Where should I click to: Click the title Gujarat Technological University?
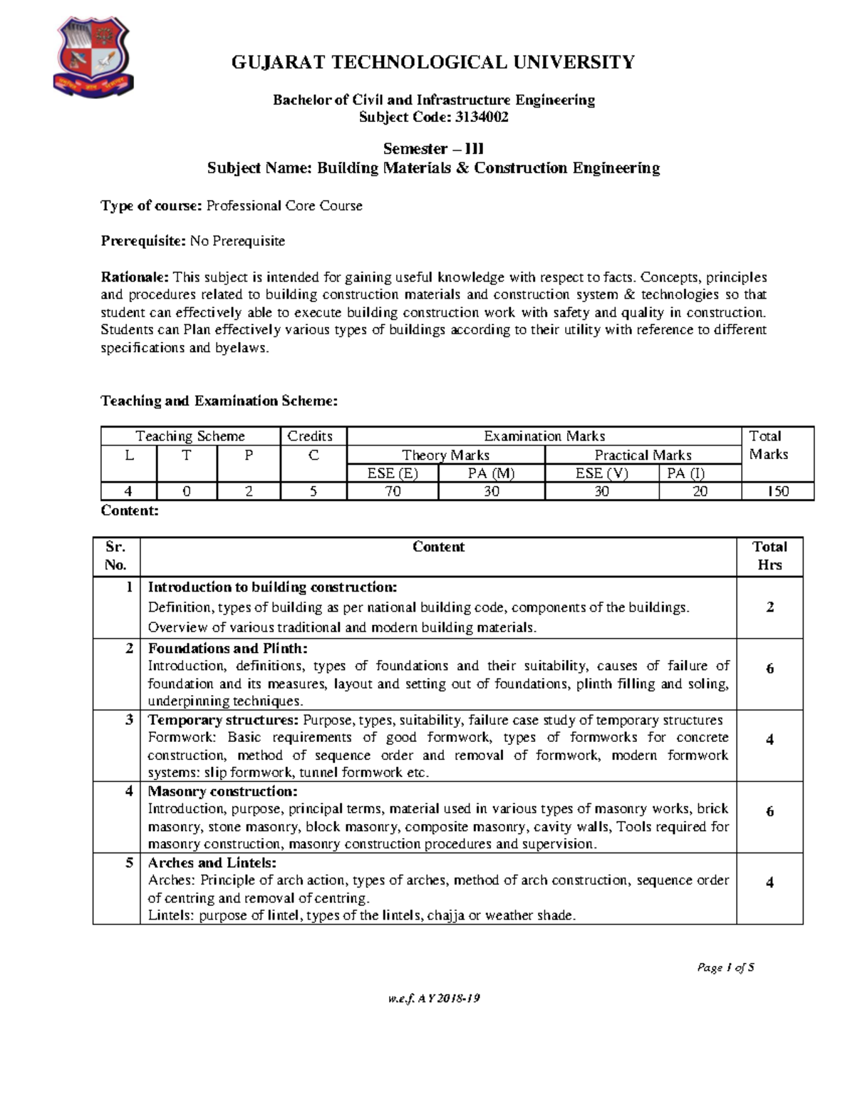(x=432, y=63)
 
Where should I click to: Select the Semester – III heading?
(x=433, y=149)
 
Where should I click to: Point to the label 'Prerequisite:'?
(x=143, y=241)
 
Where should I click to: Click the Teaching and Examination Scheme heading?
(x=219, y=401)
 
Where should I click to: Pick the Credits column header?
(x=310, y=436)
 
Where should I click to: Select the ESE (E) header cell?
(x=393, y=473)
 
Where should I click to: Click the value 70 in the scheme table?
(x=393, y=491)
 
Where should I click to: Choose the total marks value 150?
(x=777, y=491)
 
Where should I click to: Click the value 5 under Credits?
(x=313, y=491)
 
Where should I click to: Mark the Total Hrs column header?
(x=769, y=556)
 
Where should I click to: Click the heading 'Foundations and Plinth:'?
(x=227, y=648)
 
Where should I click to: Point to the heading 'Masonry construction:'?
(x=222, y=791)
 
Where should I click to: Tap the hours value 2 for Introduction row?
(x=769, y=607)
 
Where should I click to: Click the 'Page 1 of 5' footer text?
(x=725, y=967)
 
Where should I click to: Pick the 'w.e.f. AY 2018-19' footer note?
(x=433, y=999)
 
